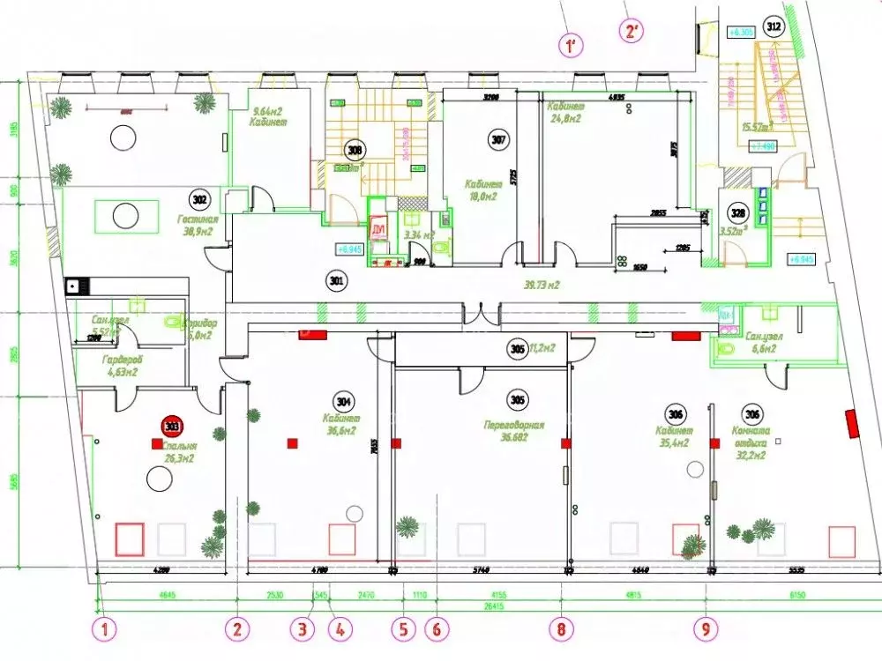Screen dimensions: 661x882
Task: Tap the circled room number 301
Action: coord(335,282)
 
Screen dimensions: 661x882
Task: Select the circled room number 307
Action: coord(498,138)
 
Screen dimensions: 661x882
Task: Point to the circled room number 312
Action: coord(774,27)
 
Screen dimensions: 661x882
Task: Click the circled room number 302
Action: coord(200,198)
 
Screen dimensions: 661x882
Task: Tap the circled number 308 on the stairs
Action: coord(355,150)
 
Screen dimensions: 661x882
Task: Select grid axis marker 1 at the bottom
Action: coord(106,628)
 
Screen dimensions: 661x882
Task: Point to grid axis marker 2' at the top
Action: coord(632,33)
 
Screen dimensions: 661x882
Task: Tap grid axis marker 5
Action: coord(404,628)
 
